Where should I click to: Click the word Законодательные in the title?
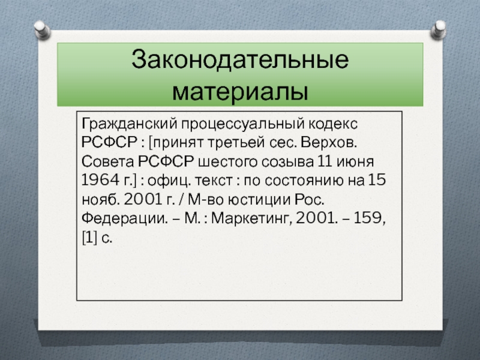point(240,59)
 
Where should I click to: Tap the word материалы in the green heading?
point(240,91)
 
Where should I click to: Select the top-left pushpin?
point(42,30)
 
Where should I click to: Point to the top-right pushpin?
point(438,30)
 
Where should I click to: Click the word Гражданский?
point(130,124)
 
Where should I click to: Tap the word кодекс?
point(333,124)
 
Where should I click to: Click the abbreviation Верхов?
point(329,142)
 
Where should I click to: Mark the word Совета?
point(108,161)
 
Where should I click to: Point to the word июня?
point(355,161)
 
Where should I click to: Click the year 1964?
point(101,180)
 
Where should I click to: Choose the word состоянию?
point(304,181)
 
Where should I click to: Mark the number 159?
point(368,218)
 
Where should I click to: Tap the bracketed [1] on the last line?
point(89,237)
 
